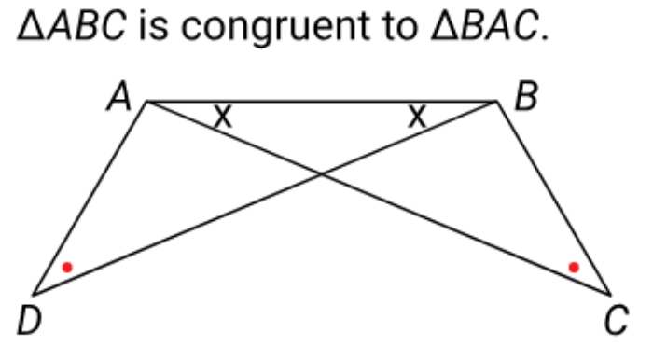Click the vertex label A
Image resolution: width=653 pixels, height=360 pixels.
pyautogui.click(x=119, y=97)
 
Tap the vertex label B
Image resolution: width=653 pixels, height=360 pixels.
pyautogui.click(x=527, y=97)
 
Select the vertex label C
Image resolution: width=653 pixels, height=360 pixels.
pyautogui.click(x=617, y=320)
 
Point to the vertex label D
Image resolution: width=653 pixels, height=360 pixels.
pyautogui.click(x=29, y=320)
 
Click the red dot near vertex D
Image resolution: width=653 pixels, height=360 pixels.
pyautogui.click(x=67, y=267)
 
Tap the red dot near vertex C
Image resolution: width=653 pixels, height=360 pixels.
pyautogui.click(x=574, y=267)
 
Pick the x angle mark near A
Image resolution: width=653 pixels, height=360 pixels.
pyautogui.click(x=223, y=117)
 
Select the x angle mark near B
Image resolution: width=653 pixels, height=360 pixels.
pyautogui.click(x=417, y=117)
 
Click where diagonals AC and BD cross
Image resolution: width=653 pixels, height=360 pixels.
pyautogui.click(x=322, y=174)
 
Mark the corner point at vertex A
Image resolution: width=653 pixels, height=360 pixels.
pyautogui.click(x=146, y=101)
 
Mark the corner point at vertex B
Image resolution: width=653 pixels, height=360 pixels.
pyautogui.click(x=497, y=101)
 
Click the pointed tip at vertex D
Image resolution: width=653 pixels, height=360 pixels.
pyautogui.click(x=34, y=295)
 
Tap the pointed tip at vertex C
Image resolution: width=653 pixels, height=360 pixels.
pyautogui.click(x=610, y=295)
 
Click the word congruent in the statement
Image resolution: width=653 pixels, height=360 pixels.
pyautogui.click(x=275, y=27)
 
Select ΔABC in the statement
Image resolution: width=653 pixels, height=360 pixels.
pyautogui.click(x=71, y=25)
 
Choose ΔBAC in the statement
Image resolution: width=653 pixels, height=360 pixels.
pyautogui.click(x=485, y=25)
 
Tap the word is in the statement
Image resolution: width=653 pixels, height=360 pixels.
pyautogui.click(x=154, y=25)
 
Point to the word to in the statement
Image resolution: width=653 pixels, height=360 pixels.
pyautogui.click(x=400, y=26)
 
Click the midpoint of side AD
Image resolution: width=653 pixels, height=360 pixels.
pyautogui.click(x=90, y=198)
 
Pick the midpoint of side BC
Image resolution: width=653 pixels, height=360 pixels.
pyautogui.click(x=554, y=198)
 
